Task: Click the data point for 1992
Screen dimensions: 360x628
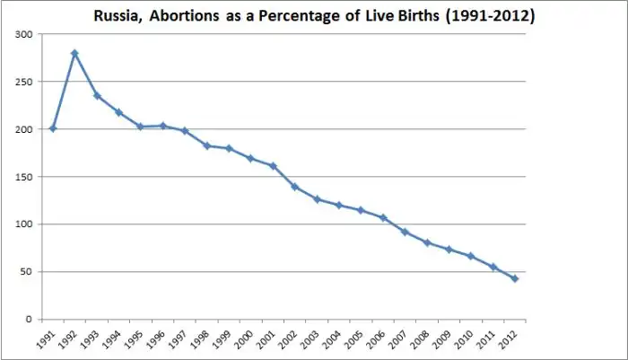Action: (x=74, y=53)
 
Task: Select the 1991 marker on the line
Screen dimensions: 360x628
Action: (x=53, y=128)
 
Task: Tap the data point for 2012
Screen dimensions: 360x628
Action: (x=514, y=278)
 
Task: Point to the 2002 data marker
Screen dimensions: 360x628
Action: (x=294, y=187)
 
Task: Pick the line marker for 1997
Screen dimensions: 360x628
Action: (x=185, y=130)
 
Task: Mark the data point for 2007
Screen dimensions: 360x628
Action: (x=405, y=232)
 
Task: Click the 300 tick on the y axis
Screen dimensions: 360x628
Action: (x=27, y=34)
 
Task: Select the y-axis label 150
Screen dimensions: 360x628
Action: (x=27, y=177)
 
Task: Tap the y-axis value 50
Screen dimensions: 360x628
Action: (x=30, y=271)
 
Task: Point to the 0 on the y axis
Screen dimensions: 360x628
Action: (x=32, y=319)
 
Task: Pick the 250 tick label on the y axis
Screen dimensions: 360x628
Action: (x=27, y=82)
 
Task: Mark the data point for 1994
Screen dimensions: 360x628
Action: (x=118, y=112)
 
